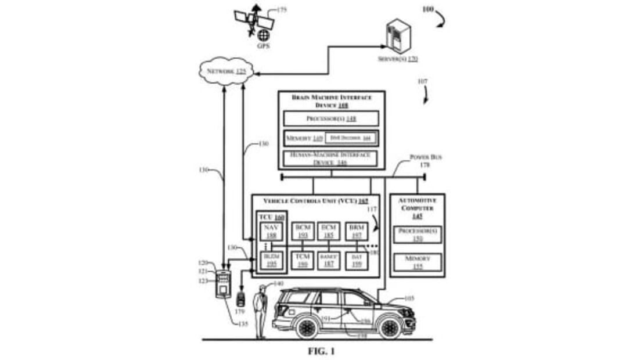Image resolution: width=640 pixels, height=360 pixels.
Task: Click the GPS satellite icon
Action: (254, 20)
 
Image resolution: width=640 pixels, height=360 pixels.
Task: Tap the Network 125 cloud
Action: (226, 72)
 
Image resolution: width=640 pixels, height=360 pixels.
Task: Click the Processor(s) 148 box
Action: (331, 118)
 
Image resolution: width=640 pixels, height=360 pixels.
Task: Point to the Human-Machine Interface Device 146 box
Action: (330, 159)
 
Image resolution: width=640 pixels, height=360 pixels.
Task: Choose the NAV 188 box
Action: (271, 232)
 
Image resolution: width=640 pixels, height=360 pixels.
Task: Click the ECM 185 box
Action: (329, 232)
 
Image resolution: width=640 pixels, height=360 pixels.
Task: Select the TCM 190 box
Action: (302, 261)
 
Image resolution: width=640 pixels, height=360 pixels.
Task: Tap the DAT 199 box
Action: (357, 261)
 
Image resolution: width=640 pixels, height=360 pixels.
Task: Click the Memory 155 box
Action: (418, 262)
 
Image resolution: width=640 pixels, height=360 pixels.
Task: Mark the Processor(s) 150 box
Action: (418, 234)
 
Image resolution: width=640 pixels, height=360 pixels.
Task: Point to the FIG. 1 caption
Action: (321, 351)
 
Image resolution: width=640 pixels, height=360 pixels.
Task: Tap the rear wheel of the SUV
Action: (305, 327)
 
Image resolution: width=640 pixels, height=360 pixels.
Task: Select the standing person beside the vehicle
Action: (261, 311)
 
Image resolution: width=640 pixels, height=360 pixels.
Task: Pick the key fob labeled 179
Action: (240, 298)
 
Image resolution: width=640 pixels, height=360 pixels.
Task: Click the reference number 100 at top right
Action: (427, 9)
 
